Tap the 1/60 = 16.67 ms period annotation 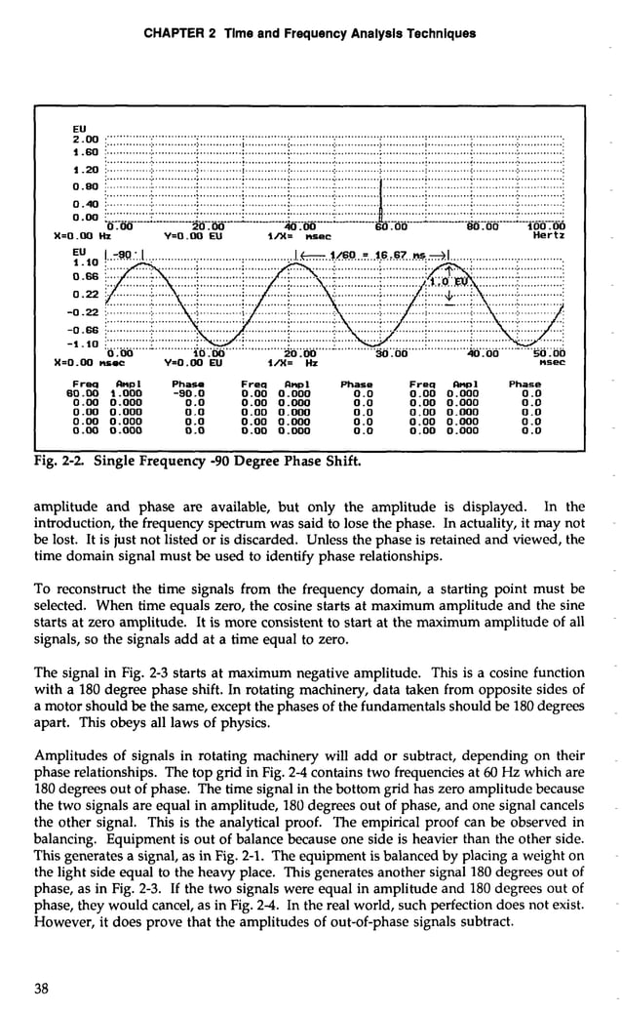(x=373, y=255)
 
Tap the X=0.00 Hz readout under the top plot (x=81, y=236)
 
